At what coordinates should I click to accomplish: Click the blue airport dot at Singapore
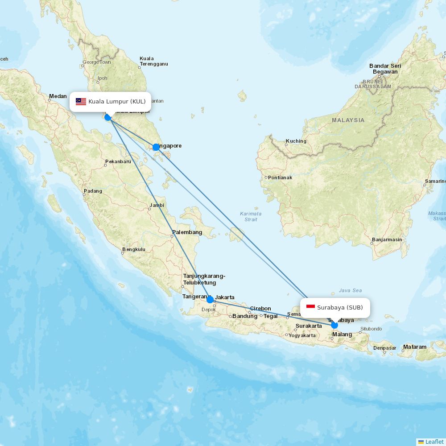point(156,147)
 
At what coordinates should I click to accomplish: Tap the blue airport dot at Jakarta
point(210,299)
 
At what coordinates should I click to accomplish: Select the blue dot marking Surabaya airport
point(334,325)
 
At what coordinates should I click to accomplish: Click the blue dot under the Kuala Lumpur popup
point(107,117)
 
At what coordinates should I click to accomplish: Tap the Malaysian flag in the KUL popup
point(81,102)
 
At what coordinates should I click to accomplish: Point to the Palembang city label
point(187,232)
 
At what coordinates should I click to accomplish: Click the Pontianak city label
point(280,178)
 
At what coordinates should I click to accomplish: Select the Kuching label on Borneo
point(296,141)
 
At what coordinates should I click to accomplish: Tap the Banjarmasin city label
point(387,240)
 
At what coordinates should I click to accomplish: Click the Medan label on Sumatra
point(58,96)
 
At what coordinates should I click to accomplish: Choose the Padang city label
point(93,191)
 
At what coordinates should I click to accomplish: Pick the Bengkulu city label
point(134,249)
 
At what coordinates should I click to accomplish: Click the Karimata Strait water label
point(251,216)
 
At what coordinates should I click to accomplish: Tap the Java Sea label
point(350,290)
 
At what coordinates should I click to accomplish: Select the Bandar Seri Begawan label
point(385,69)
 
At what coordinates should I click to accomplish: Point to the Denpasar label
point(384,348)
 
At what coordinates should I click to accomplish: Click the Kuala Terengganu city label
point(153,61)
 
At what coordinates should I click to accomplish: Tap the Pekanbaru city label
point(118,161)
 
